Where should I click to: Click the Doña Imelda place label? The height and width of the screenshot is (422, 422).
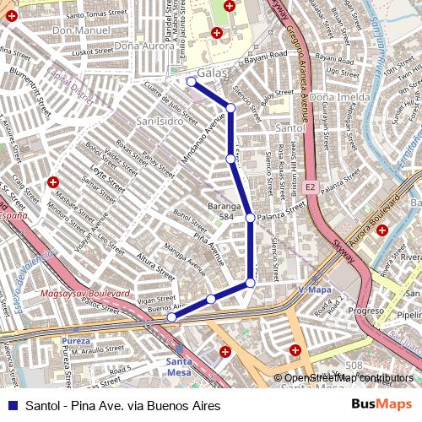click(x=339, y=98)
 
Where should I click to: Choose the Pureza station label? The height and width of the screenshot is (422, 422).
click(x=75, y=342)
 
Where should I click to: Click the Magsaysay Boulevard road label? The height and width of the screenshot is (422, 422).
click(x=84, y=294)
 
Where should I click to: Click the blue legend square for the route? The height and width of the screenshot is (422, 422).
click(x=11, y=406)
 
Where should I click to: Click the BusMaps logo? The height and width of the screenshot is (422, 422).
click(x=381, y=405)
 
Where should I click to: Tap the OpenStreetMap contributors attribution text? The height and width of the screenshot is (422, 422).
click(x=348, y=378)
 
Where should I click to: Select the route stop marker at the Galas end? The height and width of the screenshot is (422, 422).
click(x=192, y=82)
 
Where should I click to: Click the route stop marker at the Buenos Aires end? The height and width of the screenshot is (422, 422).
click(x=171, y=318)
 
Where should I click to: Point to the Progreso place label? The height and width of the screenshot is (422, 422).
click(x=366, y=311)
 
